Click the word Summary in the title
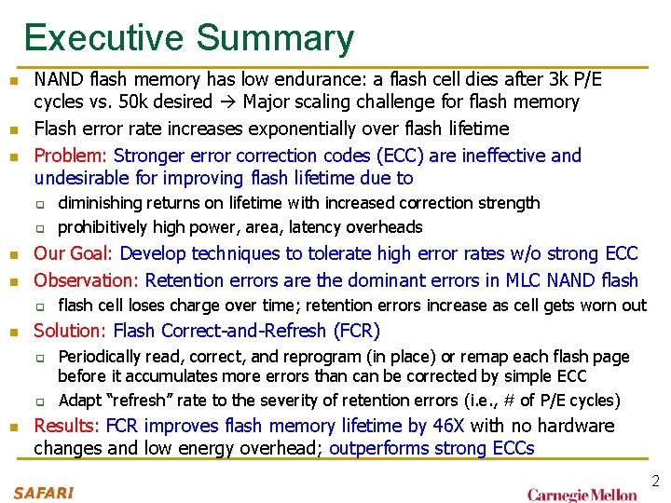point(275,38)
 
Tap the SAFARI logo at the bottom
point(43,491)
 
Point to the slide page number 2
point(655,482)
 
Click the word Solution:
point(71,330)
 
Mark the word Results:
point(67,426)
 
